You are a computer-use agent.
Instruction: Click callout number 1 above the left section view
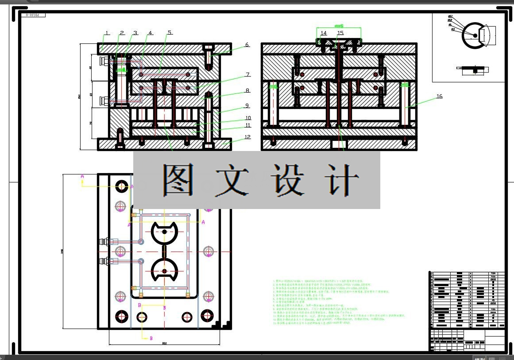tap(107, 33)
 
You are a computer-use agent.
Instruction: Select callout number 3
tap(135, 33)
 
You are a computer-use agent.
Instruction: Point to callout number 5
tap(170, 33)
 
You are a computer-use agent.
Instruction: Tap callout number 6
tap(247, 45)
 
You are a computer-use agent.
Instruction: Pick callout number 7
tap(248, 75)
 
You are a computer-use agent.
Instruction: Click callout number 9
tap(247, 106)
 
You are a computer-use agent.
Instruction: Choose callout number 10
tap(248, 118)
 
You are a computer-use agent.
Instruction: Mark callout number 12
tap(247, 137)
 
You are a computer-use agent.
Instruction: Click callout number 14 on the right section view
tap(324, 33)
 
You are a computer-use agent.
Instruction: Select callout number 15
tap(340, 33)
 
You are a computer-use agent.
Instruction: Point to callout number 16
tap(439, 97)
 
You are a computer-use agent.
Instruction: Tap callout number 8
tap(247, 91)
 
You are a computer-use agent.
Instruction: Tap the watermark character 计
tap(342, 180)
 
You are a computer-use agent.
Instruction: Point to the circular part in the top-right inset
tap(474, 35)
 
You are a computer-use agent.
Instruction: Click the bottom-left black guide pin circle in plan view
tap(121, 316)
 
